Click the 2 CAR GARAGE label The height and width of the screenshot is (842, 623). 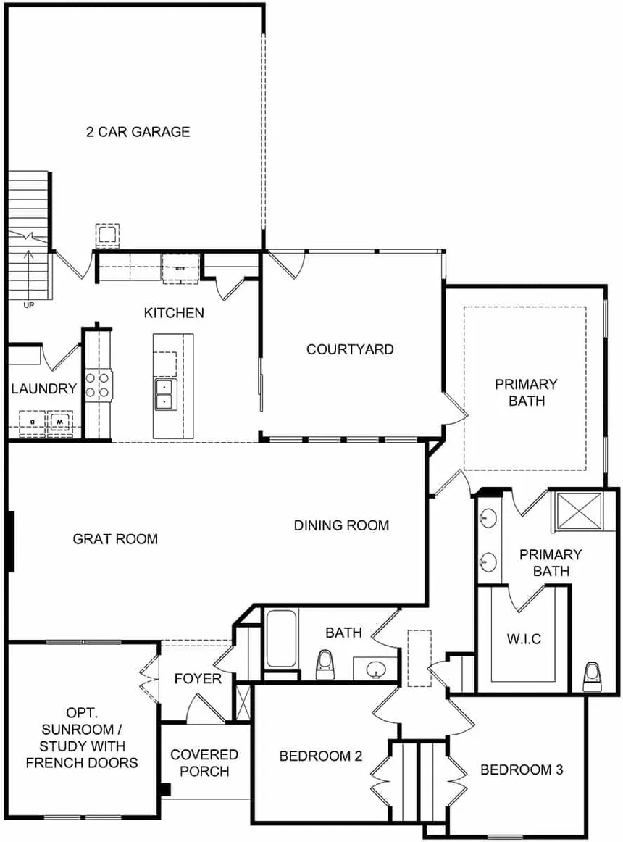[138, 132]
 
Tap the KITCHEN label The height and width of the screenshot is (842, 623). [174, 312]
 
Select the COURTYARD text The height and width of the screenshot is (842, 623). [350, 349]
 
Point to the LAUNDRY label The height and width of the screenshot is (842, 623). [44, 388]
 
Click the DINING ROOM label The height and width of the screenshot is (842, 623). [342, 525]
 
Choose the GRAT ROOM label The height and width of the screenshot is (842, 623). [115, 538]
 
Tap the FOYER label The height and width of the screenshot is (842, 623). [198, 679]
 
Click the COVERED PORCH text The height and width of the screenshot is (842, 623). [204, 762]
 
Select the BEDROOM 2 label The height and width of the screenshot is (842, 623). [321, 756]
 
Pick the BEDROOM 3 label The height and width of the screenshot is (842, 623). [522, 770]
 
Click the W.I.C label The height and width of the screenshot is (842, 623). [524, 639]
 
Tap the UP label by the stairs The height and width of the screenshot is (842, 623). [28, 305]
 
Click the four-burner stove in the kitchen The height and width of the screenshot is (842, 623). [98, 385]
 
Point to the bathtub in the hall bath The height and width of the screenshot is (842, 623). [281, 638]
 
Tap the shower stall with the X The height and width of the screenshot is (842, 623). [579, 512]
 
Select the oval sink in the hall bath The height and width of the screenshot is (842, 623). [375, 669]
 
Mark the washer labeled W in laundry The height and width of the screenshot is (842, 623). [59, 422]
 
